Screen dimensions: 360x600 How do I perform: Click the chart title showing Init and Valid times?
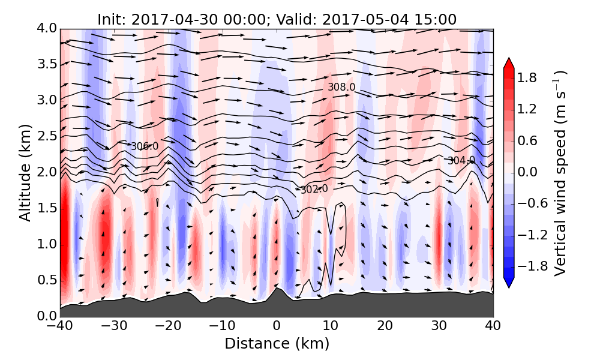click(277, 19)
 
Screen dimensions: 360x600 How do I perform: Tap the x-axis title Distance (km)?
click(277, 344)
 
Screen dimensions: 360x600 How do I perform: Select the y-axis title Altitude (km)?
click(25, 173)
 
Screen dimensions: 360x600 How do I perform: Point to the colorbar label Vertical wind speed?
click(560, 173)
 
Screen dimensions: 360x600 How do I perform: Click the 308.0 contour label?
click(341, 87)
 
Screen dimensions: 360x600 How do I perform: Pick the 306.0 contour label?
click(145, 146)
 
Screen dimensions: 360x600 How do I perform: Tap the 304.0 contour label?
click(461, 160)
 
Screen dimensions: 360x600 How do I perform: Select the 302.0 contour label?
click(314, 189)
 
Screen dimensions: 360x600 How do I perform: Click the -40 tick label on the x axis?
click(60, 326)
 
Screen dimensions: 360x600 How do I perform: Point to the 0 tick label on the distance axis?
click(277, 326)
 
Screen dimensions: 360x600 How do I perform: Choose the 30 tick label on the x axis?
click(439, 326)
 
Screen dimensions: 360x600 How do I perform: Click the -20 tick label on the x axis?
click(168, 326)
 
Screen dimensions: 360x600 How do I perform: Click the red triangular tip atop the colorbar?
click(509, 62)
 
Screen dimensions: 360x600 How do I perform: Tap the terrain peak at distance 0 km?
click(276, 290)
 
